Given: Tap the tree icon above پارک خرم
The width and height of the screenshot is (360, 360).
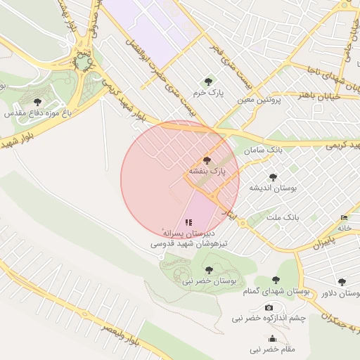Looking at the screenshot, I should [x=207, y=82].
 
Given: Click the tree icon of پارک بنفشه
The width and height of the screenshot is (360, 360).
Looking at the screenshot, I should [x=206, y=160].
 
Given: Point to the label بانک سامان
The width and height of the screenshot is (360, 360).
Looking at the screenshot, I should [x=264, y=150].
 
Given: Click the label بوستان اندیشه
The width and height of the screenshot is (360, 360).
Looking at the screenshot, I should [x=274, y=188].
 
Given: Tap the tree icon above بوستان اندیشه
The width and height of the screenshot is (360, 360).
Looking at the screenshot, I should [x=273, y=177].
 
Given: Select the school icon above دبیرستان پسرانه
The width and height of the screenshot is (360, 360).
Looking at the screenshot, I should [x=188, y=222].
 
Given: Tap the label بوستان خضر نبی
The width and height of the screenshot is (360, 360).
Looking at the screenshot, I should [x=209, y=281].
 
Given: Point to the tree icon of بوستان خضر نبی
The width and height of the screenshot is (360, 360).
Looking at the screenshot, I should [x=208, y=269].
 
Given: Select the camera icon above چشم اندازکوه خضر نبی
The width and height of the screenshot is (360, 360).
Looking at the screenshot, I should [x=269, y=308].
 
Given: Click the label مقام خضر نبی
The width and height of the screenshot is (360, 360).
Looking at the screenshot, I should [x=273, y=349].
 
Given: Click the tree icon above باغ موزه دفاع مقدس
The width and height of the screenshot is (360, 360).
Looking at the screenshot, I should [x=37, y=102].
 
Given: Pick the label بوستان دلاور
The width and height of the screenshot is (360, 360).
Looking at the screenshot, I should [x=341, y=293].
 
